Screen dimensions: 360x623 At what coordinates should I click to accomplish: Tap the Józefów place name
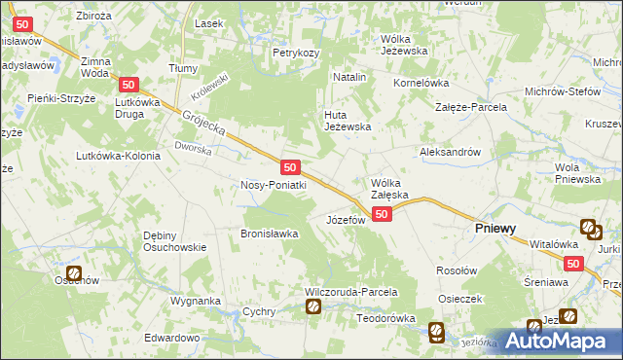(x=345, y=220)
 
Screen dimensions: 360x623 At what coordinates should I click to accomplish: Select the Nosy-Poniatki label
(x=274, y=185)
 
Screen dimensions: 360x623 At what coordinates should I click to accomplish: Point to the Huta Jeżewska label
(x=348, y=121)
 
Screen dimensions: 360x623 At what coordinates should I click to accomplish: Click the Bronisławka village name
(x=270, y=233)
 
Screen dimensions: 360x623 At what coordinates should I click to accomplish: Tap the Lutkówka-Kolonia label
(x=118, y=156)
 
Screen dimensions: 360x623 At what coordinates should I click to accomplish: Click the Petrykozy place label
(x=296, y=52)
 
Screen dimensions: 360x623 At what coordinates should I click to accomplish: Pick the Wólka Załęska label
(x=394, y=188)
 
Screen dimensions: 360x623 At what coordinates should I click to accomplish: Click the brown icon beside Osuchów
(x=74, y=275)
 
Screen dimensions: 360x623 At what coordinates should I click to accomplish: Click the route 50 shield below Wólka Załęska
(x=382, y=214)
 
